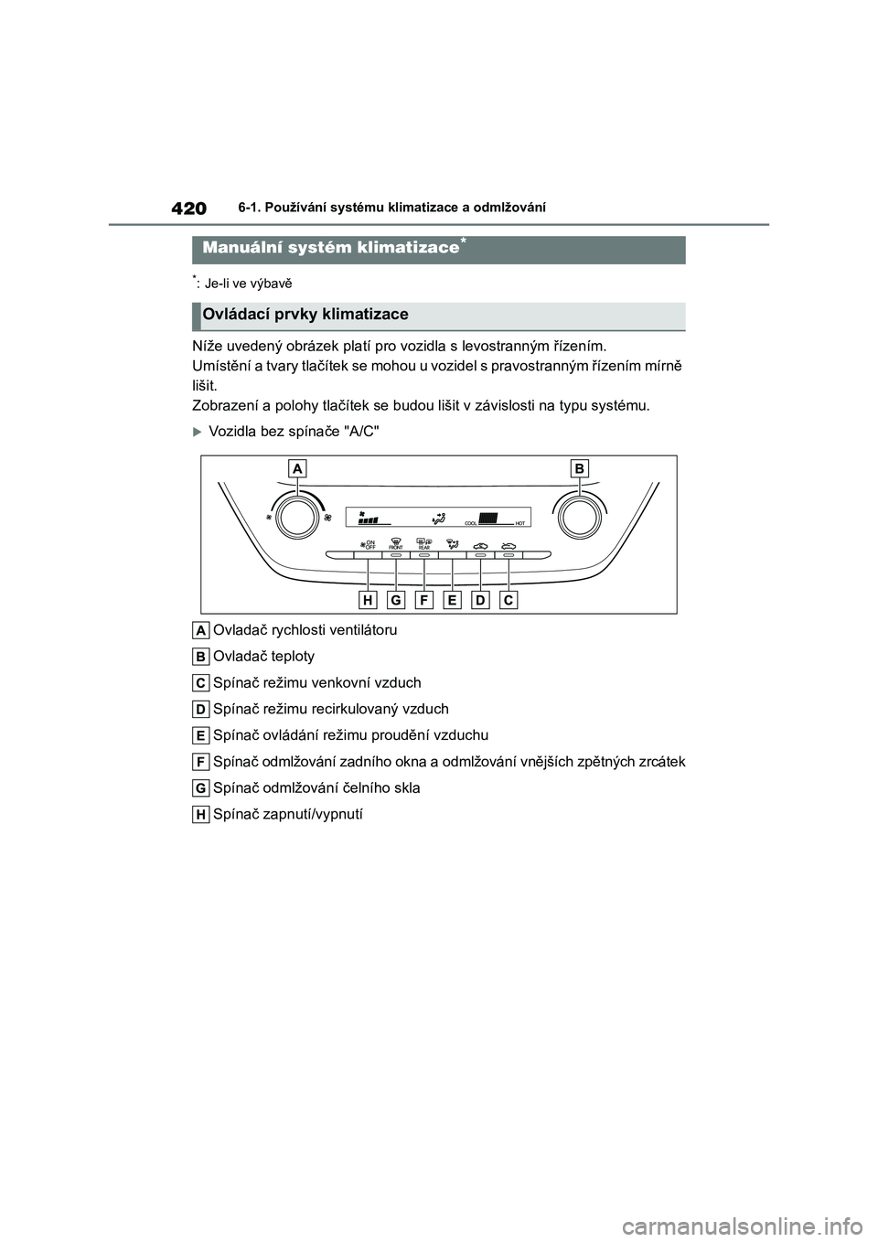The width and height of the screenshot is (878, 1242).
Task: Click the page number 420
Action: tap(189, 209)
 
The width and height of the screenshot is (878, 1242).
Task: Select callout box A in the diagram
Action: tap(296, 469)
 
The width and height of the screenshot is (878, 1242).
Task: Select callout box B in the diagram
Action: tap(579, 469)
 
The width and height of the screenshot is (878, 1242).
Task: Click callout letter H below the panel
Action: tap(368, 600)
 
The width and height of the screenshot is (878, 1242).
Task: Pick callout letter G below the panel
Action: tap(396, 600)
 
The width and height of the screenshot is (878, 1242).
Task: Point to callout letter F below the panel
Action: tap(424, 600)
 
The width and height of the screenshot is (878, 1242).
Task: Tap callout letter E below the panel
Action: tap(453, 600)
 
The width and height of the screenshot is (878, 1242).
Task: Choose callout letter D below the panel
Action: tap(481, 600)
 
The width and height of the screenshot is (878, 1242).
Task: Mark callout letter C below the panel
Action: tap(509, 600)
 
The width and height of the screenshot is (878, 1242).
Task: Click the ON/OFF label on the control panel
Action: tap(370, 544)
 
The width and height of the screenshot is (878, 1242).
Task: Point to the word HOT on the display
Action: tap(519, 523)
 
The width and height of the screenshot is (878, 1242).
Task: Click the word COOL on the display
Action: tap(471, 523)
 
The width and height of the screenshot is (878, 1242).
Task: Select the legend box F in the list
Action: tap(201, 762)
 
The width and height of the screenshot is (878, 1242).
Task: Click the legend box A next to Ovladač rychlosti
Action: tap(201, 630)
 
